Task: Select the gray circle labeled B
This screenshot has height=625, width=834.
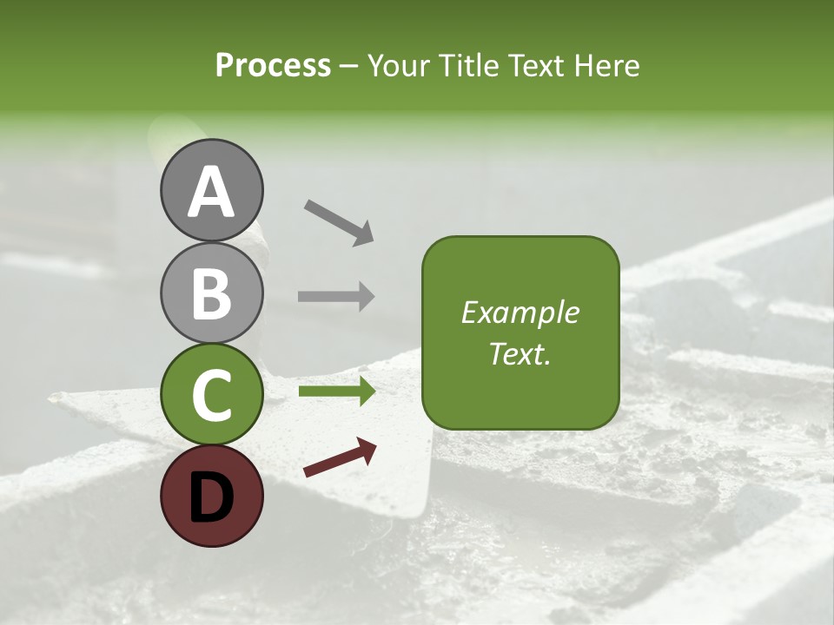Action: pyautogui.click(x=211, y=293)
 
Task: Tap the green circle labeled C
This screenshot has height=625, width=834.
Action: pyautogui.click(x=211, y=395)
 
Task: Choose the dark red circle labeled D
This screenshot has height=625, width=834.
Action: pyautogui.click(x=211, y=496)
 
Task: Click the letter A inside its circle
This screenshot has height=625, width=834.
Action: pyautogui.click(x=211, y=193)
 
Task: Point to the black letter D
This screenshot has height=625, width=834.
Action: pyautogui.click(x=211, y=497)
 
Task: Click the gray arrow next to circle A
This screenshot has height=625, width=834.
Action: pyautogui.click(x=339, y=221)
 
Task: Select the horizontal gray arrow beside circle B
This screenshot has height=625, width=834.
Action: pyautogui.click(x=336, y=296)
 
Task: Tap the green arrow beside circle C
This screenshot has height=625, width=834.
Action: pyautogui.click(x=336, y=391)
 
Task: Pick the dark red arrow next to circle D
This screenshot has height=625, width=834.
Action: pyautogui.click(x=340, y=457)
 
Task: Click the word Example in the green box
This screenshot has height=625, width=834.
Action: pyautogui.click(x=520, y=312)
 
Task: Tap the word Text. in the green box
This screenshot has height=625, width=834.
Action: pyautogui.click(x=520, y=353)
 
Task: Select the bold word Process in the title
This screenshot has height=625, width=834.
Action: pyautogui.click(x=273, y=65)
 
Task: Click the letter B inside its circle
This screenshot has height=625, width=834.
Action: pyautogui.click(x=211, y=294)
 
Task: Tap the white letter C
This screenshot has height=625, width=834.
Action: pyautogui.click(x=211, y=396)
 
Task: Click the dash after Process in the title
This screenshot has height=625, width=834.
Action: pyautogui.click(x=348, y=66)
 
